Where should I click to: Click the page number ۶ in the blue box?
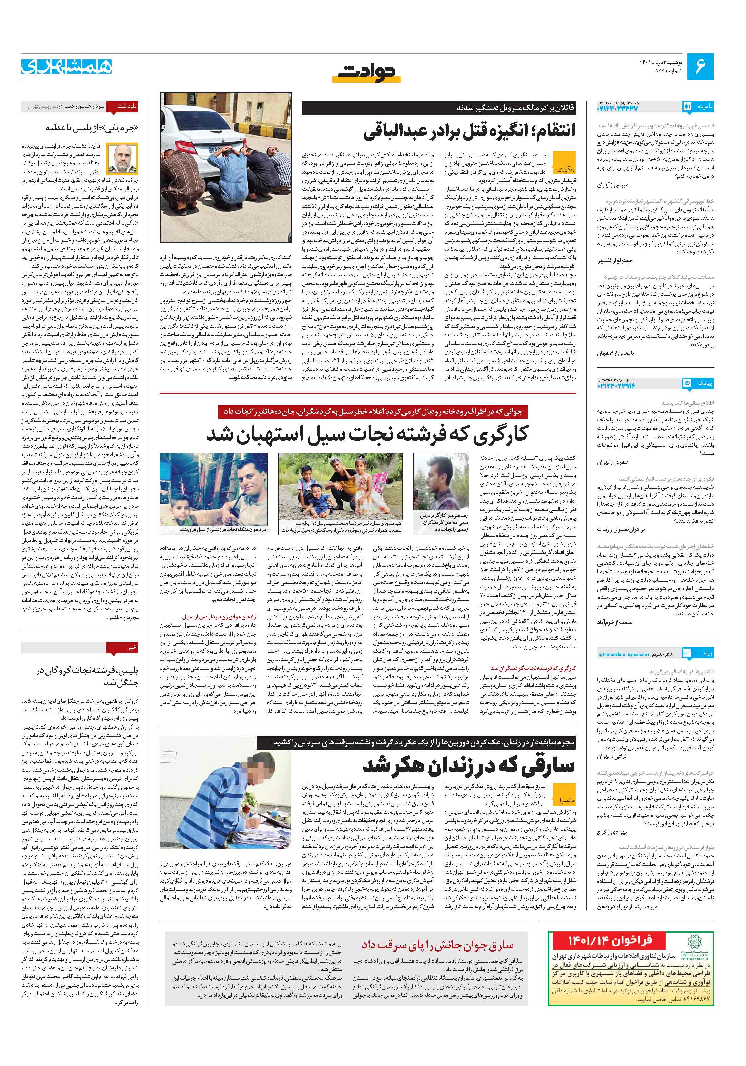coord(700,66)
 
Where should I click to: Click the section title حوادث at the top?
coord(369,72)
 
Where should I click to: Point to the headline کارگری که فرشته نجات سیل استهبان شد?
coord(367,434)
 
